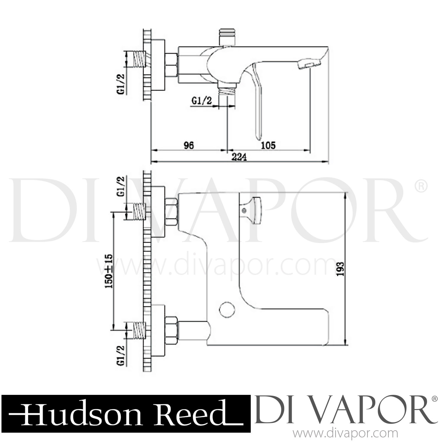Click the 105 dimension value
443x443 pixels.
pyautogui.click(x=268, y=145)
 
